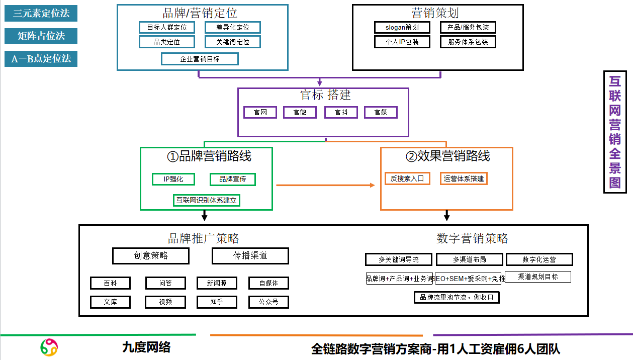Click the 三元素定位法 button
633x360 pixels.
pyautogui.click(x=41, y=14)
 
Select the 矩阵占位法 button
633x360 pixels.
pyautogui.click(x=41, y=36)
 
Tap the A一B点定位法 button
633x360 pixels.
pyautogui.click(x=41, y=58)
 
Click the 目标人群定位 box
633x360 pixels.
pyautogui.click(x=166, y=28)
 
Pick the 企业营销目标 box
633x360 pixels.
pyautogui.click(x=200, y=59)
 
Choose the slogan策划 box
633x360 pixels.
pyautogui.click(x=402, y=28)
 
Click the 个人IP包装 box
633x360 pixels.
pyautogui.click(x=402, y=42)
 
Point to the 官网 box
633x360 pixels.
pyautogui.click(x=260, y=112)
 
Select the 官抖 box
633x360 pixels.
pyautogui.click(x=341, y=112)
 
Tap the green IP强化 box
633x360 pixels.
pyautogui.click(x=173, y=179)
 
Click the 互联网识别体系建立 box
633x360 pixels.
pyautogui.click(x=206, y=200)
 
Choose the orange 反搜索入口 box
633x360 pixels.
pyautogui.click(x=407, y=178)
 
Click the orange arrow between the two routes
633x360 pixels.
pyautogui.click(x=326, y=186)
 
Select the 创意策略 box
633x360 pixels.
pyautogui.click(x=151, y=255)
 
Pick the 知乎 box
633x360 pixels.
pyautogui.click(x=216, y=302)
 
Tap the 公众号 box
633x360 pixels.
pyautogui.click(x=268, y=302)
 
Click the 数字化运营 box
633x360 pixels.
pyautogui.click(x=539, y=259)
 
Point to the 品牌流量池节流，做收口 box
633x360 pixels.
pyautogui.click(x=457, y=297)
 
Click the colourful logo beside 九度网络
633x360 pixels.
pyautogui.click(x=49, y=347)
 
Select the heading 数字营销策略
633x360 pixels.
pyautogui.click(x=472, y=238)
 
